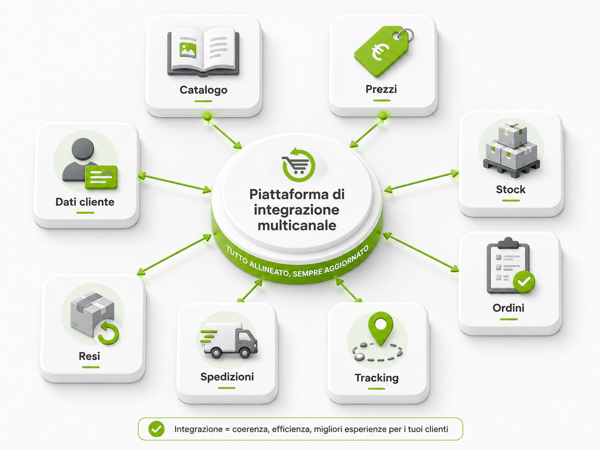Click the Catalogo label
203,90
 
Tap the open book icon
203,52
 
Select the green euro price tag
383,51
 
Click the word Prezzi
381,89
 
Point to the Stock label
510,189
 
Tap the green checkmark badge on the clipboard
524,282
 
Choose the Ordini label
508,308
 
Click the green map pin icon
380,328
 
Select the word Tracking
377,378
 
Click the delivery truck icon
229,341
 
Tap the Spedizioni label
227,377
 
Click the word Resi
90,356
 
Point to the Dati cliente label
85,202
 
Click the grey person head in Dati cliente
83,149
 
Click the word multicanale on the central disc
297,226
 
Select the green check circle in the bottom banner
156,429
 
